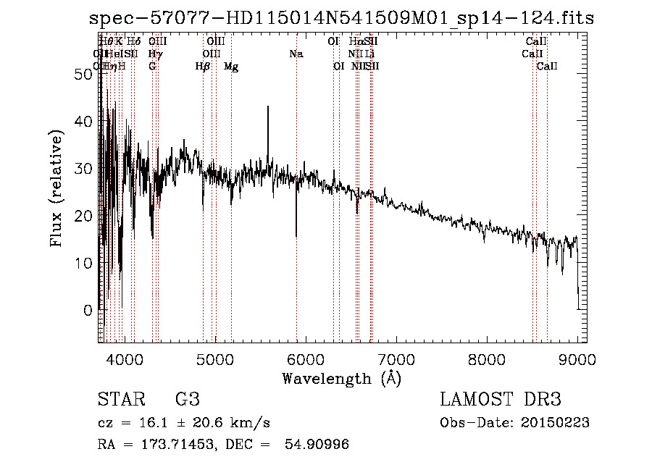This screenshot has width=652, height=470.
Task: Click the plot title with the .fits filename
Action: (341, 18)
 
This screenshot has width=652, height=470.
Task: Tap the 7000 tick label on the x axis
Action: (396, 358)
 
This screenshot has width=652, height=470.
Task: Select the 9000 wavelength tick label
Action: (577, 358)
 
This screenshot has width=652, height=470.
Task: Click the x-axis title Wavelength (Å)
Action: (341, 378)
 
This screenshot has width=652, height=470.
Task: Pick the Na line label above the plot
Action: (296, 54)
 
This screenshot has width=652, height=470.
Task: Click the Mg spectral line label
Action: (231, 67)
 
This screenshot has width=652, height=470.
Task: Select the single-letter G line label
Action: (152, 67)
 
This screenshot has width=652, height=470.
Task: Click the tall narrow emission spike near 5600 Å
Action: (268, 108)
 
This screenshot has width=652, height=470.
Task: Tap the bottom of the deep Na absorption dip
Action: (296, 235)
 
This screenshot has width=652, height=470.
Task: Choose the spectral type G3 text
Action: (188, 400)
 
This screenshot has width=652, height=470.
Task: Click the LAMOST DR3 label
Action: (501, 400)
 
